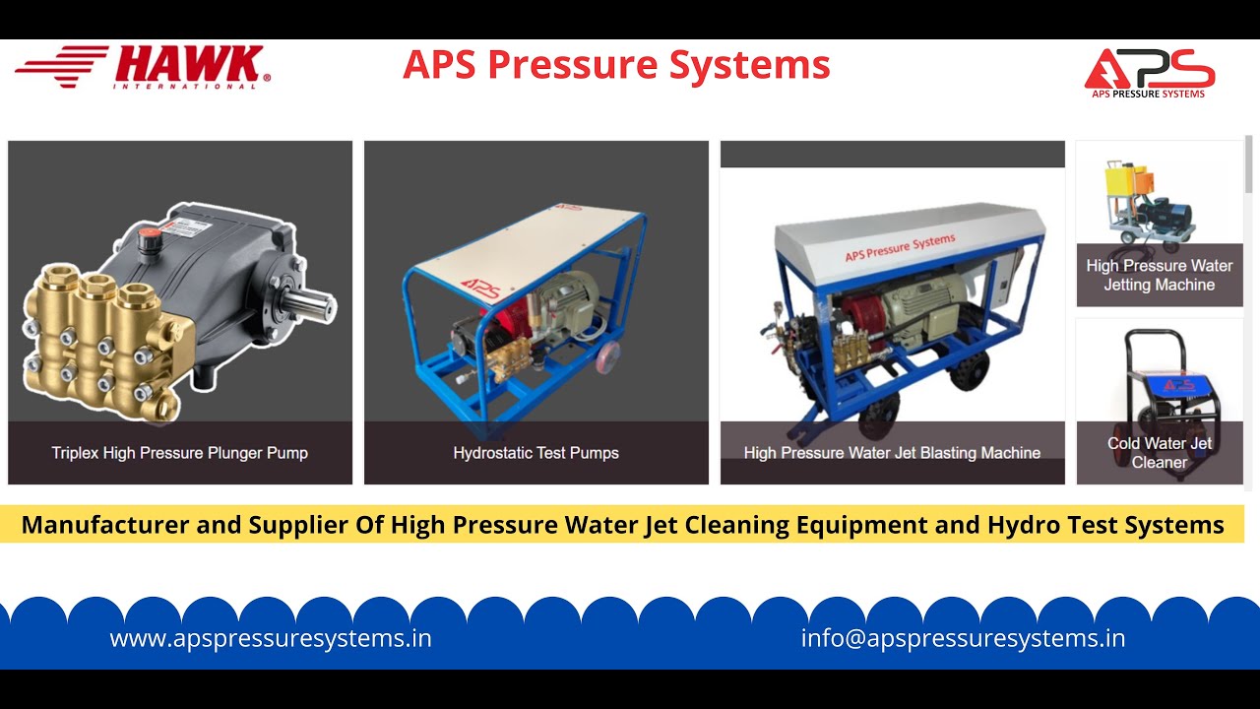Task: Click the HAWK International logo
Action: (x=143, y=67)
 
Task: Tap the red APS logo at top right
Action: (x=1150, y=71)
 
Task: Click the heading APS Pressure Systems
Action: (x=616, y=65)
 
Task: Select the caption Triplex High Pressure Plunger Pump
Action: (x=180, y=453)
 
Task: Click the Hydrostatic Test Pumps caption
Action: (x=536, y=453)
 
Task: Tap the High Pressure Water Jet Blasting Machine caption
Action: (x=892, y=453)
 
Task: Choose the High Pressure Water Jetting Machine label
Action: (x=1160, y=275)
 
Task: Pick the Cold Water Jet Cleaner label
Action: (x=1160, y=452)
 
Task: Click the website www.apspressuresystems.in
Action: (x=271, y=638)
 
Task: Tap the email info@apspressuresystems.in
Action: (x=963, y=638)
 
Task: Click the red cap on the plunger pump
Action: (x=150, y=237)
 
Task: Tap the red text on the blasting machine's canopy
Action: (x=900, y=247)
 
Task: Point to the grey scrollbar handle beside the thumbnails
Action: (x=1249, y=164)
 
